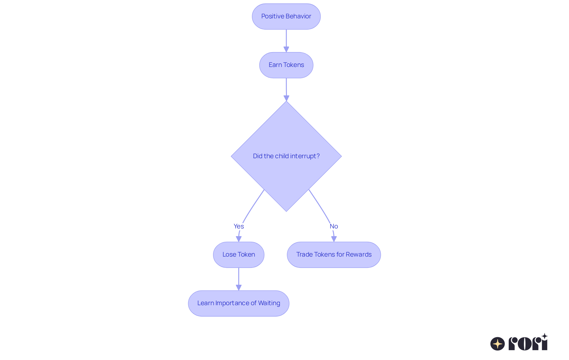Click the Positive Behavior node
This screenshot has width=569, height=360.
(x=286, y=17)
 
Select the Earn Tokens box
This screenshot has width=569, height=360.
(x=286, y=65)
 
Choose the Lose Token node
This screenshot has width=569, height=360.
(x=239, y=255)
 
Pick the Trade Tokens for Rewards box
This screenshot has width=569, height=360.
(x=334, y=255)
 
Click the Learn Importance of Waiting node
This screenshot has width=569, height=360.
(x=239, y=303)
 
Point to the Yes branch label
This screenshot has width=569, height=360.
(x=239, y=226)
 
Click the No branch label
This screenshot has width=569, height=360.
(x=334, y=226)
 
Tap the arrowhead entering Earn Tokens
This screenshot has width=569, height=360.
(x=286, y=49)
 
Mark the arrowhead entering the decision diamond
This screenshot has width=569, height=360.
(x=286, y=98)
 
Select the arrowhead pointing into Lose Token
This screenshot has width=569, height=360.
(x=239, y=239)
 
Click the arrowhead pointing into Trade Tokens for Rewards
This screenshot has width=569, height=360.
(x=334, y=239)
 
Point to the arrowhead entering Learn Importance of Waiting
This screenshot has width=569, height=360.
(x=239, y=287)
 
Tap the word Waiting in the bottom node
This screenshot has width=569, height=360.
(x=269, y=303)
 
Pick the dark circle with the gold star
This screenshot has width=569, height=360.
(x=497, y=344)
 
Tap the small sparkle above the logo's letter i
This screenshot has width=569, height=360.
(x=544, y=336)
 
